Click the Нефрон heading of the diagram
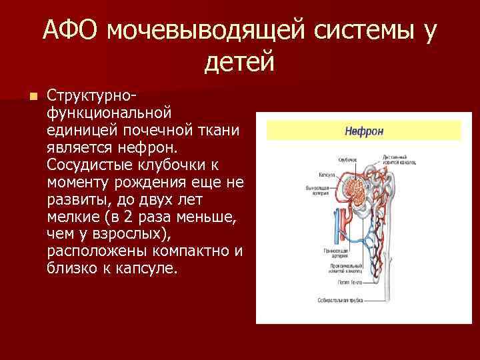point(363,131)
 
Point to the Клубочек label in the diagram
point(348,160)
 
